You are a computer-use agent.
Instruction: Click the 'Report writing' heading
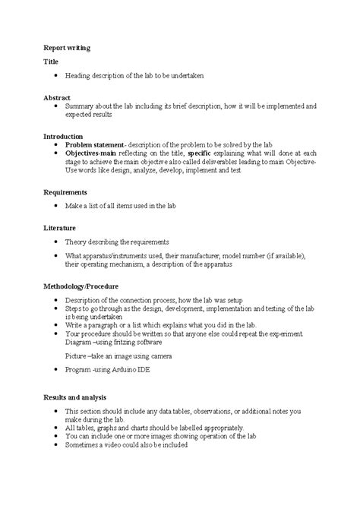pyautogui.click(x=66, y=47)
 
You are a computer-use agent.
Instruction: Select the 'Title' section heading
pyautogui.click(x=51, y=62)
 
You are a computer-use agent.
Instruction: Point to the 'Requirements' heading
pyautogui.click(x=65, y=192)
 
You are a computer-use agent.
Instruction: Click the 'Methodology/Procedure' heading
pyautogui.click(x=85, y=286)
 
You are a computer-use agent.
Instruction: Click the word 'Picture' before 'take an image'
pyautogui.click(x=76, y=355)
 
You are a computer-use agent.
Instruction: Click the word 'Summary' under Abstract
pyautogui.click(x=80, y=106)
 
